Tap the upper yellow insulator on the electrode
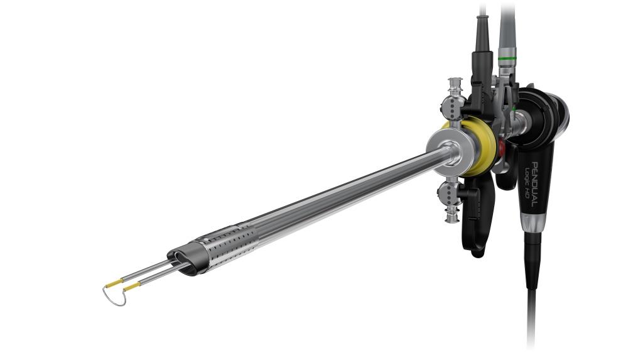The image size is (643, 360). click(x=114, y=283)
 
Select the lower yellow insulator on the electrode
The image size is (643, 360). click(x=132, y=286)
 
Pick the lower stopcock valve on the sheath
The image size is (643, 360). click(x=449, y=200)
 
